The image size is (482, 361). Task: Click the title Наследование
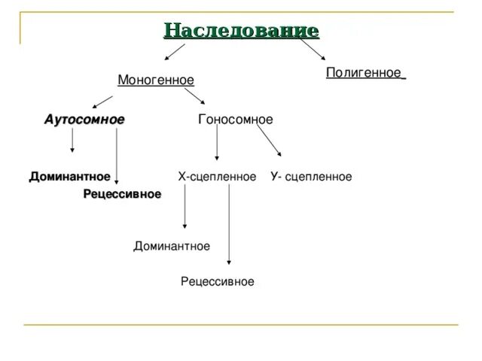coord(241,31)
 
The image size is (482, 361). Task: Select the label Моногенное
coord(156,80)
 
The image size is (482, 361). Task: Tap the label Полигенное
coord(365,72)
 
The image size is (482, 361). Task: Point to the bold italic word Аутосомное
coord(84,120)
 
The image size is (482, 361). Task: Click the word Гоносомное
coord(235,120)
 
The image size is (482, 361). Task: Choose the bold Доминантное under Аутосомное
coord(70,177)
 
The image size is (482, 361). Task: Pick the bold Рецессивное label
coord(122,194)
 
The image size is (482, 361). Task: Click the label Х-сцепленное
coord(217,177)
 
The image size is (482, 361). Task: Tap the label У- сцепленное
coord(311,177)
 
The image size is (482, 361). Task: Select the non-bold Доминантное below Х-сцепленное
coord(172,246)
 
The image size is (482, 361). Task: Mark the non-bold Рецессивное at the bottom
coord(218,281)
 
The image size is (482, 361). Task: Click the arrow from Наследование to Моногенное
coord(175,51)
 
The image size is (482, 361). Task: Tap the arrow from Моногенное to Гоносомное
coord(194,96)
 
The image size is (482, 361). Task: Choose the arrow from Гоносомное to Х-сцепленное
coord(217,143)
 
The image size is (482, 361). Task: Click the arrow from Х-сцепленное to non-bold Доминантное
coord(185,208)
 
